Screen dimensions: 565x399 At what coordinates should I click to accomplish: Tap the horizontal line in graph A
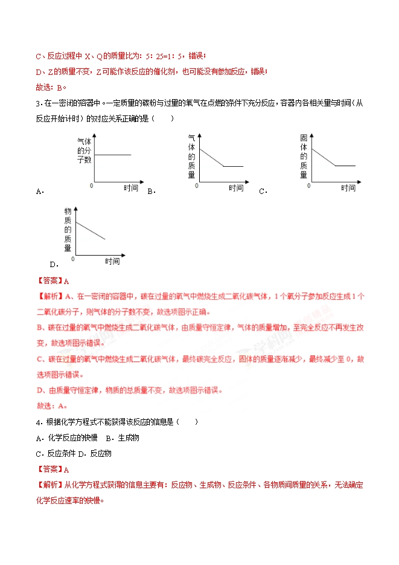point(113,155)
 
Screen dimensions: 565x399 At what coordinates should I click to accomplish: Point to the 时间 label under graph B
point(236,188)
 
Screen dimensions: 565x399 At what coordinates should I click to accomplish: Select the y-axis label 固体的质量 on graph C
point(304,157)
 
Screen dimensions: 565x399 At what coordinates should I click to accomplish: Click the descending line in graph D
point(91,231)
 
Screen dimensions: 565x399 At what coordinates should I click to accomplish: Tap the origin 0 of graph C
point(308,185)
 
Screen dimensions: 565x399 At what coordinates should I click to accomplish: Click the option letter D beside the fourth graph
point(53,264)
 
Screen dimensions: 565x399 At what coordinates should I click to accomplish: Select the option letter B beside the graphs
point(151,192)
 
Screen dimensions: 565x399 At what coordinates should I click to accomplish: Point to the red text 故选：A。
point(52,406)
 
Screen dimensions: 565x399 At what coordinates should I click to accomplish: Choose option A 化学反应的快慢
point(67,437)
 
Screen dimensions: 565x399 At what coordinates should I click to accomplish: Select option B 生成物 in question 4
point(123,437)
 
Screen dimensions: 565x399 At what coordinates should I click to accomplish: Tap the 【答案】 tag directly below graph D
point(49,280)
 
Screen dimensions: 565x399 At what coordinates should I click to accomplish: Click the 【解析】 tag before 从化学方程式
point(49,485)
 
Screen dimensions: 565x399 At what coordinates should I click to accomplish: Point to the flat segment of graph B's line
point(234,166)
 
